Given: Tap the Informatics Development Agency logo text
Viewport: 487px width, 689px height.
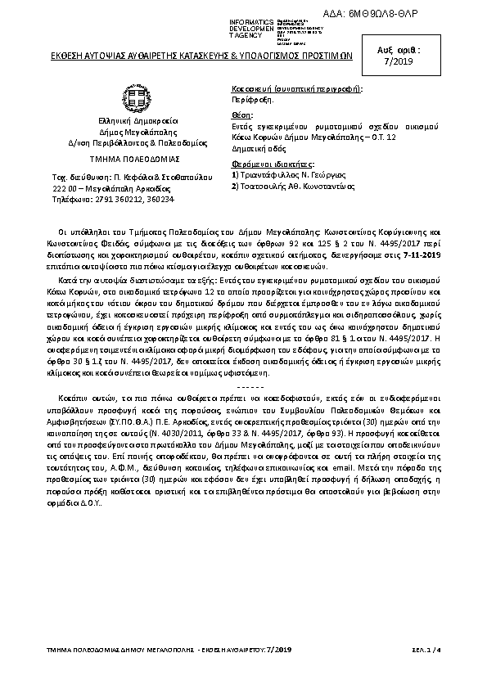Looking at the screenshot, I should [x=255, y=27].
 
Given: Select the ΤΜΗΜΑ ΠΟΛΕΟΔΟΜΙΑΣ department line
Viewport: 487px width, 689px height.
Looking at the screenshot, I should [x=136, y=158].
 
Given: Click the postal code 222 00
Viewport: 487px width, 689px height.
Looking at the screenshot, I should [x=77, y=187].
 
